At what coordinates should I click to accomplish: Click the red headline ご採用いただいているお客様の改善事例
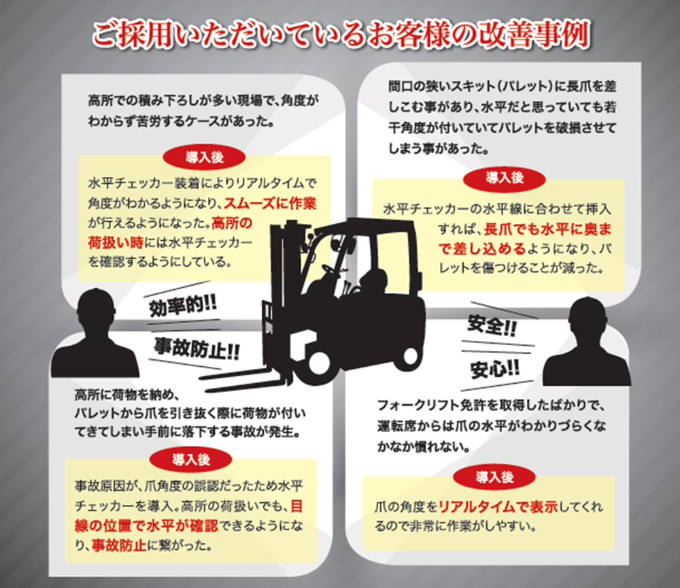341,35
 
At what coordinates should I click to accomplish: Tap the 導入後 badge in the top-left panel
204,157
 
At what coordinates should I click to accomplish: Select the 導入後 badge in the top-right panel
505,178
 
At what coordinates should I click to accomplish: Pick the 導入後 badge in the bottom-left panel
191,459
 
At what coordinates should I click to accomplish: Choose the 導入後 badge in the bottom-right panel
494,478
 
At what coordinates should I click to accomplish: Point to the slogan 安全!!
492,325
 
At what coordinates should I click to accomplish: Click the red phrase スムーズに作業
270,203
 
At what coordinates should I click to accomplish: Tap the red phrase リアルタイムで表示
498,506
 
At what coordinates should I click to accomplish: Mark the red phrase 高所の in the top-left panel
232,223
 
